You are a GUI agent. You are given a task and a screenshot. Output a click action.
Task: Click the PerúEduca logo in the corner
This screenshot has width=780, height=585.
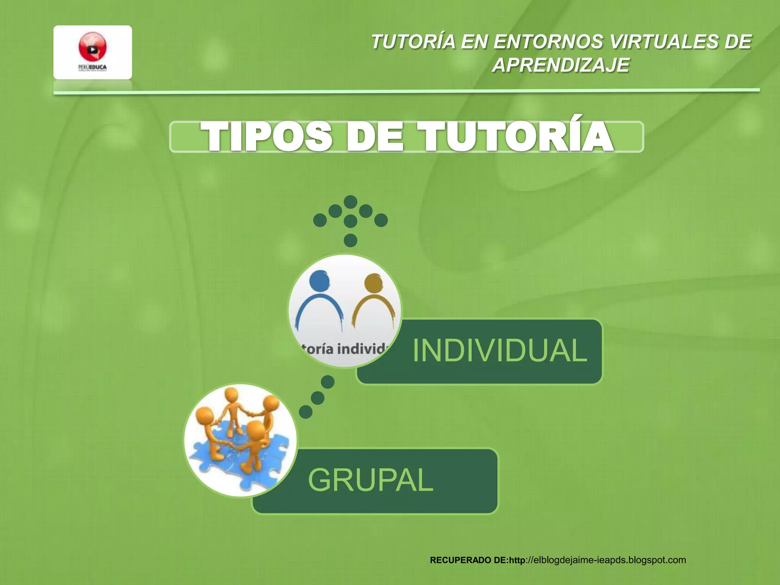(x=93, y=52)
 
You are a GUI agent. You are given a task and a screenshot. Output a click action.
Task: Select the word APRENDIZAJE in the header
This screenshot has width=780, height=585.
(x=561, y=65)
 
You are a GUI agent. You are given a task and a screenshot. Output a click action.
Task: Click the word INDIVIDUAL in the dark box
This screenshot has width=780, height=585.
(x=499, y=350)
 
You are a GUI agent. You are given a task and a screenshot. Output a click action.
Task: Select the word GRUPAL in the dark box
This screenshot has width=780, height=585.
(x=370, y=480)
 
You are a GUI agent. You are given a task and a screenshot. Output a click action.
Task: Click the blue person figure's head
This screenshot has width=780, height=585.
(x=320, y=281)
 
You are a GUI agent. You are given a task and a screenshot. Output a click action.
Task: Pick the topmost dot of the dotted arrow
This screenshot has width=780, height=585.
(x=350, y=202)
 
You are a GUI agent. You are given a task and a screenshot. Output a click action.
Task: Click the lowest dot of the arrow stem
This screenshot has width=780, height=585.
(x=350, y=240)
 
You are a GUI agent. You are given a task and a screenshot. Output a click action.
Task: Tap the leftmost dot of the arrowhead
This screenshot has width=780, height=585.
(x=320, y=220)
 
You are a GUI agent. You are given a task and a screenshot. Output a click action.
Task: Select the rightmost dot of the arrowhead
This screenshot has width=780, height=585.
(x=381, y=220)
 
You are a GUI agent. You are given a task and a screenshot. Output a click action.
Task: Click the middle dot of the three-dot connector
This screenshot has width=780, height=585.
(x=318, y=398)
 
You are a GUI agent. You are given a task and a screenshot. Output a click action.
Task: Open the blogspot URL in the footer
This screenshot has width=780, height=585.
(x=606, y=560)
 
